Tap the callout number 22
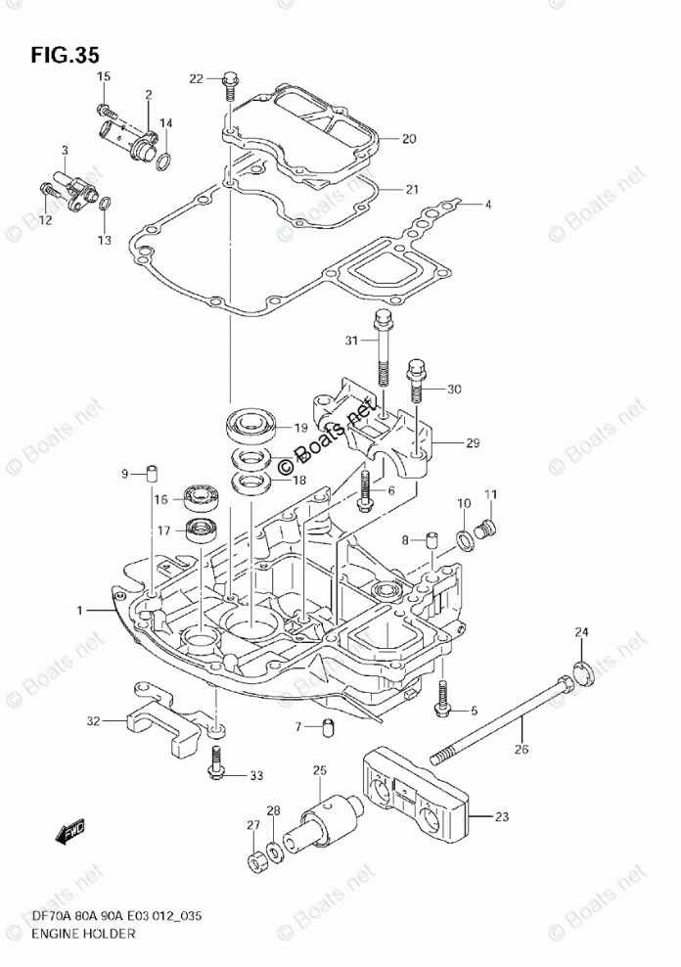[x=196, y=78]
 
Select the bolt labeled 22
[x=229, y=86]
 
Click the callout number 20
[x=409, y=138]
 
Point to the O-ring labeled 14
[x=167, y=161]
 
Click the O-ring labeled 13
[x=106, y=205]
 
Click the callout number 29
[x=473, y=443]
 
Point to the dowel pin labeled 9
[x=152, y=475]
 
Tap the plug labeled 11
[x=482, y=531]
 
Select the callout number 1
[x=82, y=610]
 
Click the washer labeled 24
[x=581, y=675]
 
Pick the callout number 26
[x=522, y=751]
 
